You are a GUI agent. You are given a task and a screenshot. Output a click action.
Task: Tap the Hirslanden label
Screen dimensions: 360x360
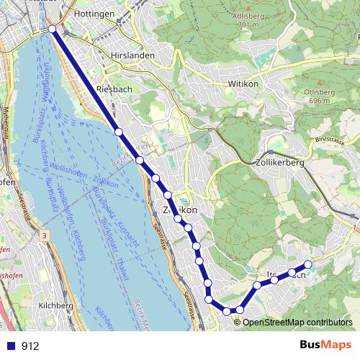pyautogui.click(x=130, y=55)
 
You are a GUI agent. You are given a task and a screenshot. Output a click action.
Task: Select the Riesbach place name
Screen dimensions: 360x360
pyautogui.click(x=112, y=89)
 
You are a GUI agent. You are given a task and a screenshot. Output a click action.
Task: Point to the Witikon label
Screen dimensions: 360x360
pyautogui.click(x=243, y=84)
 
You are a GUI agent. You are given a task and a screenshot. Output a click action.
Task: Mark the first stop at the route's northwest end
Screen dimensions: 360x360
pyautogui.click(x=53, y=29)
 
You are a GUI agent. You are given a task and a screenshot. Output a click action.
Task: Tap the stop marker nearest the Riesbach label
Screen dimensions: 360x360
pyautogui.click(x=119, y=131)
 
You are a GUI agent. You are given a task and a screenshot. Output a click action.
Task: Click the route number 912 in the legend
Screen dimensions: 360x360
pyautogui.click(x=30, y=346)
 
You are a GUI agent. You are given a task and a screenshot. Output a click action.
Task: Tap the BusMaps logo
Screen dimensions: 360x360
pyautogui.click(x=325, y=345)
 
